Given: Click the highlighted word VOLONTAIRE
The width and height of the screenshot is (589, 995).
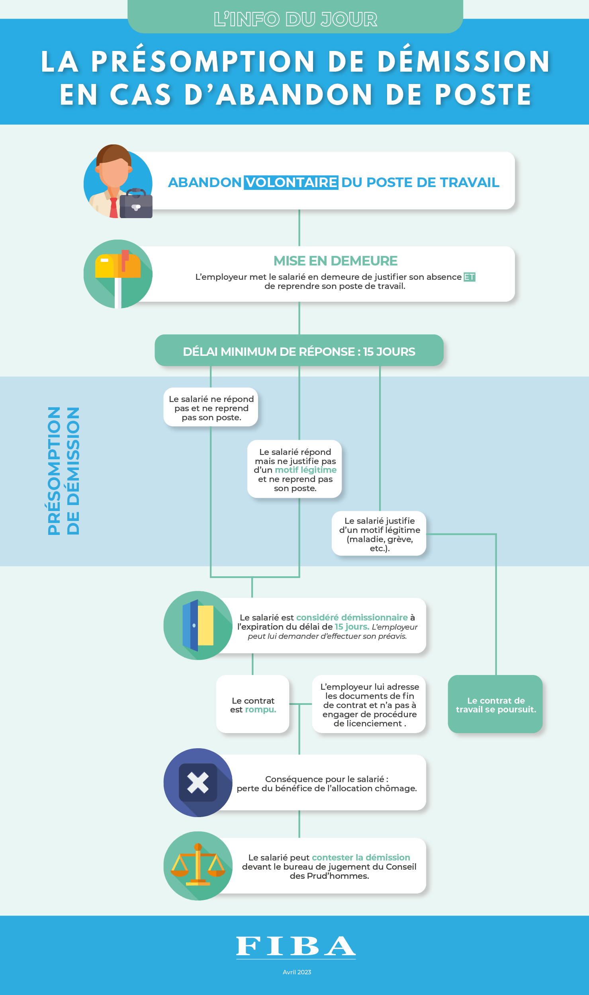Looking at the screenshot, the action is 291,182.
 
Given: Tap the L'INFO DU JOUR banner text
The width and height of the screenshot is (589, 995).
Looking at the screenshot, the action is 295,19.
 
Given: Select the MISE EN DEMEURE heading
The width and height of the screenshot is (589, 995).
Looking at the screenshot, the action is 335,261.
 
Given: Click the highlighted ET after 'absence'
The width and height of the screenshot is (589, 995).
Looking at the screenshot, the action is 470,277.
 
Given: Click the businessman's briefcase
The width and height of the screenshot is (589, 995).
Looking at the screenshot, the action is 136,203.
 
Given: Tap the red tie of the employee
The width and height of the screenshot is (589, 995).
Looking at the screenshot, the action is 114,208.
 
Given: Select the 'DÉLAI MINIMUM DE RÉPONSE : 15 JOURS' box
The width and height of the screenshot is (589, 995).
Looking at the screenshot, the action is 299,350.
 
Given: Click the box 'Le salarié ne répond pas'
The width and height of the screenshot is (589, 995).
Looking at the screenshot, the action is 211,407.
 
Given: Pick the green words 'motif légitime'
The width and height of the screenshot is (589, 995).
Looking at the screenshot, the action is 306,470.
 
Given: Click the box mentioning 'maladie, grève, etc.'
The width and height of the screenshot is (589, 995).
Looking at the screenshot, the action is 379,533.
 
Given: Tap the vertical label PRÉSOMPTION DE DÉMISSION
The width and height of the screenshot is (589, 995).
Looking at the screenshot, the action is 64,471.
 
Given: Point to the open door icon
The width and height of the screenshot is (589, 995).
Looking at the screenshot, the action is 198,625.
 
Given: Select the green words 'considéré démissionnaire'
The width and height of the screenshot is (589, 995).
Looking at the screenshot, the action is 352,617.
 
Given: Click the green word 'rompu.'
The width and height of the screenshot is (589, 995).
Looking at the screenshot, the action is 261,710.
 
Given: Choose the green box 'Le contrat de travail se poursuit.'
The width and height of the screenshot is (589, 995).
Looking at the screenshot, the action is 495,704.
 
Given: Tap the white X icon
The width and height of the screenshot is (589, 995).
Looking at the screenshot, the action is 198,782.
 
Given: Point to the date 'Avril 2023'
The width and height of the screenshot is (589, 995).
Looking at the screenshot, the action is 297,972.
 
